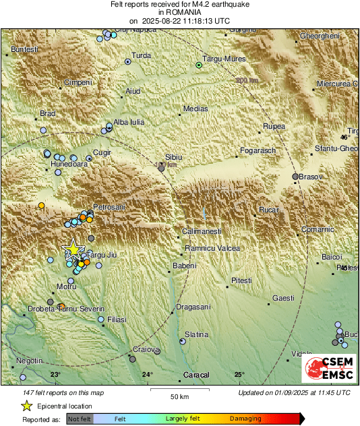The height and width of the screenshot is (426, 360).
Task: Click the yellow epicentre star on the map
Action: coord(72,249)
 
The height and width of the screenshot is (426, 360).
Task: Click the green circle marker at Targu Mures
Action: coord(198,65)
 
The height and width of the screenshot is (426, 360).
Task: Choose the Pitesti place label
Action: coord(241,280)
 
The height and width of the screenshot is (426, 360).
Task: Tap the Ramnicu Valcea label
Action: coord(212,249)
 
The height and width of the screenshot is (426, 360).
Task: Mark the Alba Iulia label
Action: coord(128,122)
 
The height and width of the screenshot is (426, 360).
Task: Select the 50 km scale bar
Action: coord(178,390)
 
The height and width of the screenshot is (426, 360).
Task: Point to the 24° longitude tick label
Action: coord(147,375)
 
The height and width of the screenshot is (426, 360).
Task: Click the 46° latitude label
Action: coord(345,138)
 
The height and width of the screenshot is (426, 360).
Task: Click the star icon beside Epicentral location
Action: coord(27,406)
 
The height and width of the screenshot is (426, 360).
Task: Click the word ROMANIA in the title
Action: coord(179,12)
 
